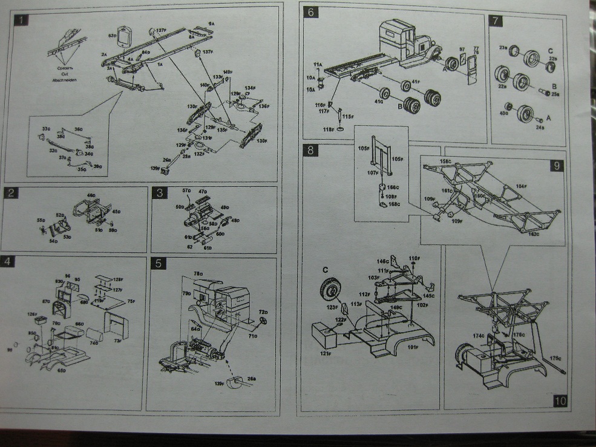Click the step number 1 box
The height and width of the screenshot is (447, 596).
point(21,20)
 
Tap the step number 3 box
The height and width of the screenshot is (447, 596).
point(160,193)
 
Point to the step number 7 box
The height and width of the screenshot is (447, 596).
point(496,21)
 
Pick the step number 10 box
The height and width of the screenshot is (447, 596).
point(559,400)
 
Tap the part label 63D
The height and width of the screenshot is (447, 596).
point(112,36)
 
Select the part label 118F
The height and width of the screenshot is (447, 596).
point(328,129)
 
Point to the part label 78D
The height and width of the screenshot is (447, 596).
point(197,273)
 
